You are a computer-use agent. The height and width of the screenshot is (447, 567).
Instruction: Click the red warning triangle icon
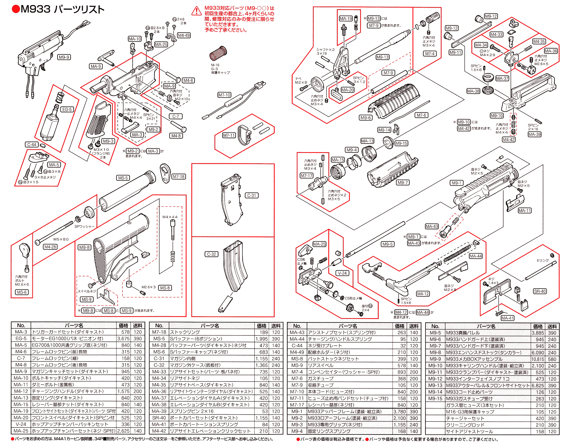click(x=196, y=11)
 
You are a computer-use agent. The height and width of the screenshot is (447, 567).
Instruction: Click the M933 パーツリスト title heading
click(x=58, y=9)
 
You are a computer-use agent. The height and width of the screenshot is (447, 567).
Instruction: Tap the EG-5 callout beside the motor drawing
click(x=67, y=110)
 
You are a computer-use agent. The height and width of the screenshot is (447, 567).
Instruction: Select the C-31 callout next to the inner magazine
click(x=251, y=196)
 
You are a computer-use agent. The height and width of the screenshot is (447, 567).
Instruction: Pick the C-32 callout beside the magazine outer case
click(x=211, y=254)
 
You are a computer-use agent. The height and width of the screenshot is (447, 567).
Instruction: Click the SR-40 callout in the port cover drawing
click(x=540, y=291)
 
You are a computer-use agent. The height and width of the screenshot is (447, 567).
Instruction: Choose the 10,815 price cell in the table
click(x=538, y=359)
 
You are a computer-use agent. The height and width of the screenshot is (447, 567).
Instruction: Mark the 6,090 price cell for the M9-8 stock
click(x=538, y=353)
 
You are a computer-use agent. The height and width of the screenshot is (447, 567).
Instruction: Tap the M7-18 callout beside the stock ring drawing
click(x=179, y=177)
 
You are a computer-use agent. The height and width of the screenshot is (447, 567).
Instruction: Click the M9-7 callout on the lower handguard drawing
click(x=403, y=182)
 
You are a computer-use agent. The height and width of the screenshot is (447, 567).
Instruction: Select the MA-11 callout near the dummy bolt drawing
click(x=524, y=211)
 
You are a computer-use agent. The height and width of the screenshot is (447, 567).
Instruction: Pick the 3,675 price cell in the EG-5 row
click(x=123, y=339)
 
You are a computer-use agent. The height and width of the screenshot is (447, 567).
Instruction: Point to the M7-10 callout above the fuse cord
click(x=224, y=95)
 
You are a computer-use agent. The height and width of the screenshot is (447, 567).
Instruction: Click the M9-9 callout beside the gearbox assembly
click(x=64, y=57)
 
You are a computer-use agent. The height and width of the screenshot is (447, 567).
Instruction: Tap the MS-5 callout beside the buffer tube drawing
click(x=123, y=178)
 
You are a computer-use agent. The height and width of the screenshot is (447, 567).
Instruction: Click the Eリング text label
click(x=543, y=261)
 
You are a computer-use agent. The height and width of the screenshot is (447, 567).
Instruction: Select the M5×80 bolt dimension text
click(x=61, y=239)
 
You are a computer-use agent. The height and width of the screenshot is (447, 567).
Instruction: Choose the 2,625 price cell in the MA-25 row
click(x=123, y=431)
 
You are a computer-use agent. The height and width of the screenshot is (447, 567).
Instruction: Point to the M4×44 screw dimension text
click(x=170, y=217)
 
